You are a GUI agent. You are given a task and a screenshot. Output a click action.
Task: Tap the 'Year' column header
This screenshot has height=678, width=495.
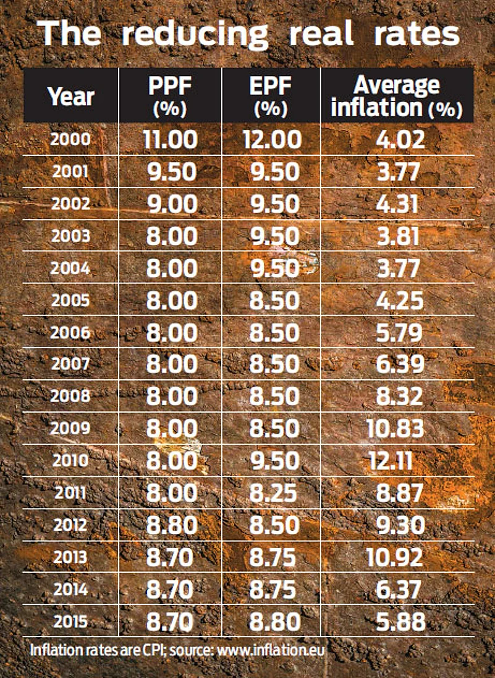pos(71,97)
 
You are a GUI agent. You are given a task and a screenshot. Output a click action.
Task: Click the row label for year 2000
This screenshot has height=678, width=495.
pos(70,140)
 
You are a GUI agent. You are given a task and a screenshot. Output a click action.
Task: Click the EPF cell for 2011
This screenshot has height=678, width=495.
pos(271,493)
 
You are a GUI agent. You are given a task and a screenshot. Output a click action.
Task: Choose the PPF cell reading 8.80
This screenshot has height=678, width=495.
pos(172,525)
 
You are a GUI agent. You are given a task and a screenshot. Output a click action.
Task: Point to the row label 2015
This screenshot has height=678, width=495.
pos(70,621)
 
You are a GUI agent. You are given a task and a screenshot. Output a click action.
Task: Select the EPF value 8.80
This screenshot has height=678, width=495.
pos(271,621)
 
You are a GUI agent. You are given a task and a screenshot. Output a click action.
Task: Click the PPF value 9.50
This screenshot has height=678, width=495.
pos(172,171)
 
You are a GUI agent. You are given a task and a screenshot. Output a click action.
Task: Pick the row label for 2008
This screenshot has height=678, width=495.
pos(70,396)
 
